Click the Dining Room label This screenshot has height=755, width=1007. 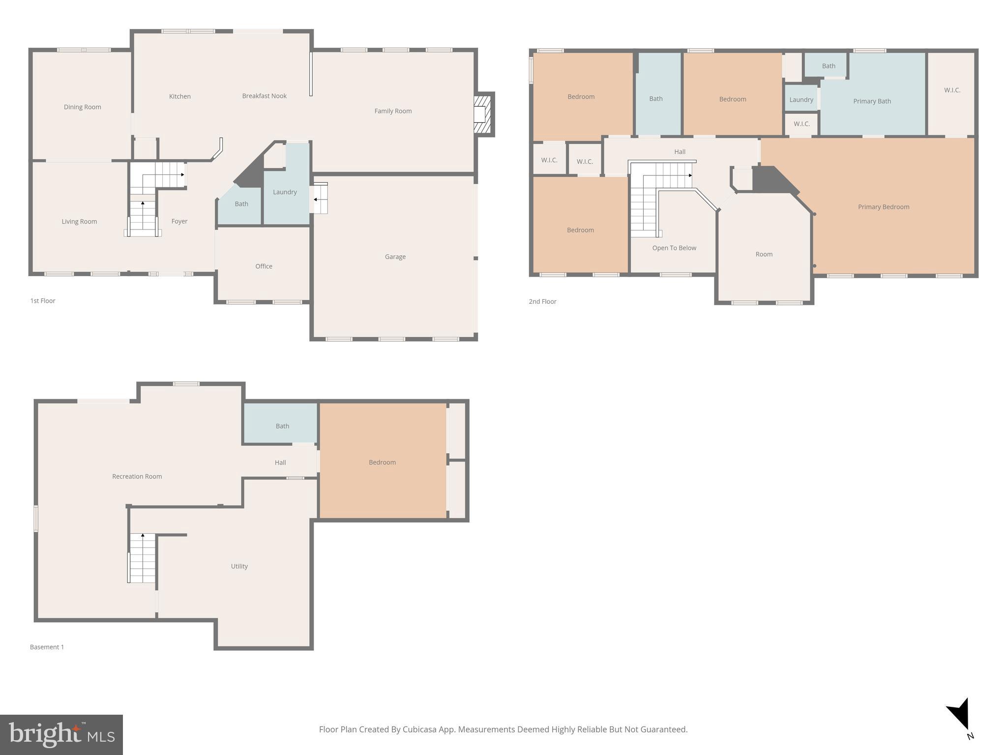coord(82,107)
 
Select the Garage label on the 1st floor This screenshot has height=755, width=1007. coord(395,257)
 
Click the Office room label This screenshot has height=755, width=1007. coord(264,266)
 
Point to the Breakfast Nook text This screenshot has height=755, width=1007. coord(264,96)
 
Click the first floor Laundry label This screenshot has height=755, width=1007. coord(285,192)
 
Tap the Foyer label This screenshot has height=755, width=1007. coord(179,221)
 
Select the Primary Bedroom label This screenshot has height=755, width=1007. coord(883,207)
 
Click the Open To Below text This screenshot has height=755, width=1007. coord(674,248)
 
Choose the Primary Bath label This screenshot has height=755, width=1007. coord(872,101)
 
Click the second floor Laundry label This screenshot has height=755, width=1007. coord(801,100)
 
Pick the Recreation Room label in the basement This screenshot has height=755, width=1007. coord(137,476)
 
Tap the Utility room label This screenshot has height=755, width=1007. coord(239,566)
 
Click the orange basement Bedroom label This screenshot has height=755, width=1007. coord(382,463)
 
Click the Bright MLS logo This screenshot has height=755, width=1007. coord(61,734)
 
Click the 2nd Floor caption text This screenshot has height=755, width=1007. coord(542,302)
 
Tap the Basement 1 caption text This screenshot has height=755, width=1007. coord(47,647)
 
